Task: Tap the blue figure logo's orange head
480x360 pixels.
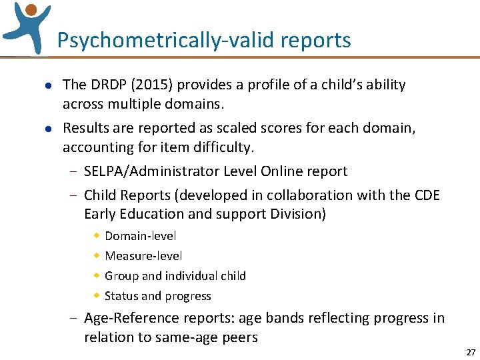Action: pyautogui.click(x=31, y=9)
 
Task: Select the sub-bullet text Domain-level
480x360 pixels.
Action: pyautogui.click(x=141, y=236)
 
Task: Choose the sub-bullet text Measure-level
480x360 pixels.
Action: pyautogui.click(x=143, y=256)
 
